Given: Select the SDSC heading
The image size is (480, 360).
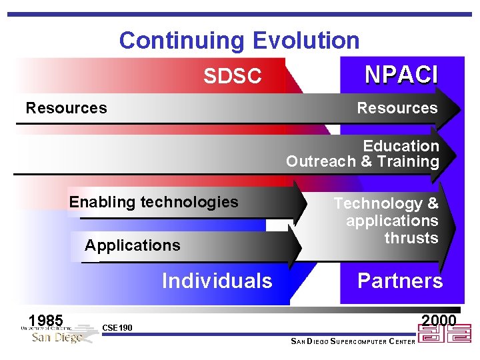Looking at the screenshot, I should (232, 77).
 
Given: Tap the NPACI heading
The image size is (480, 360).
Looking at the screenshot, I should (401, 75).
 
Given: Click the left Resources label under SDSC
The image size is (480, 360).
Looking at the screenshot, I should (66, 108).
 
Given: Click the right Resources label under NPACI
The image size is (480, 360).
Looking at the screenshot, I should (397, 108).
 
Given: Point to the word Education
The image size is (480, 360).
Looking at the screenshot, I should (401, 145).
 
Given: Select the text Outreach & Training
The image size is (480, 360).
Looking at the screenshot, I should (363, 161).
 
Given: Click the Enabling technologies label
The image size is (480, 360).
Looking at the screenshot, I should (153, 202).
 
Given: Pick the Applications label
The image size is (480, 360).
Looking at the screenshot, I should (133, 245).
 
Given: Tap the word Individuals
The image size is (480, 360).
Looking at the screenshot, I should (217, 281).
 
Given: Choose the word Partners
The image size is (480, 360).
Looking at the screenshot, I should (400, 281).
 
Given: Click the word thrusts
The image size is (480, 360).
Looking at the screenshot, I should (411, 238).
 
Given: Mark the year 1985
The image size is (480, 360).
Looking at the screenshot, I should (46, 320).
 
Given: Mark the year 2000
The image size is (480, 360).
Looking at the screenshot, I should (439, 321).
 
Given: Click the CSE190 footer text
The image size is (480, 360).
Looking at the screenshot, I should (117, 328).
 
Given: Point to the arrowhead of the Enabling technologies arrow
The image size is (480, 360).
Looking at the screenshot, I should (297, 203).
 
